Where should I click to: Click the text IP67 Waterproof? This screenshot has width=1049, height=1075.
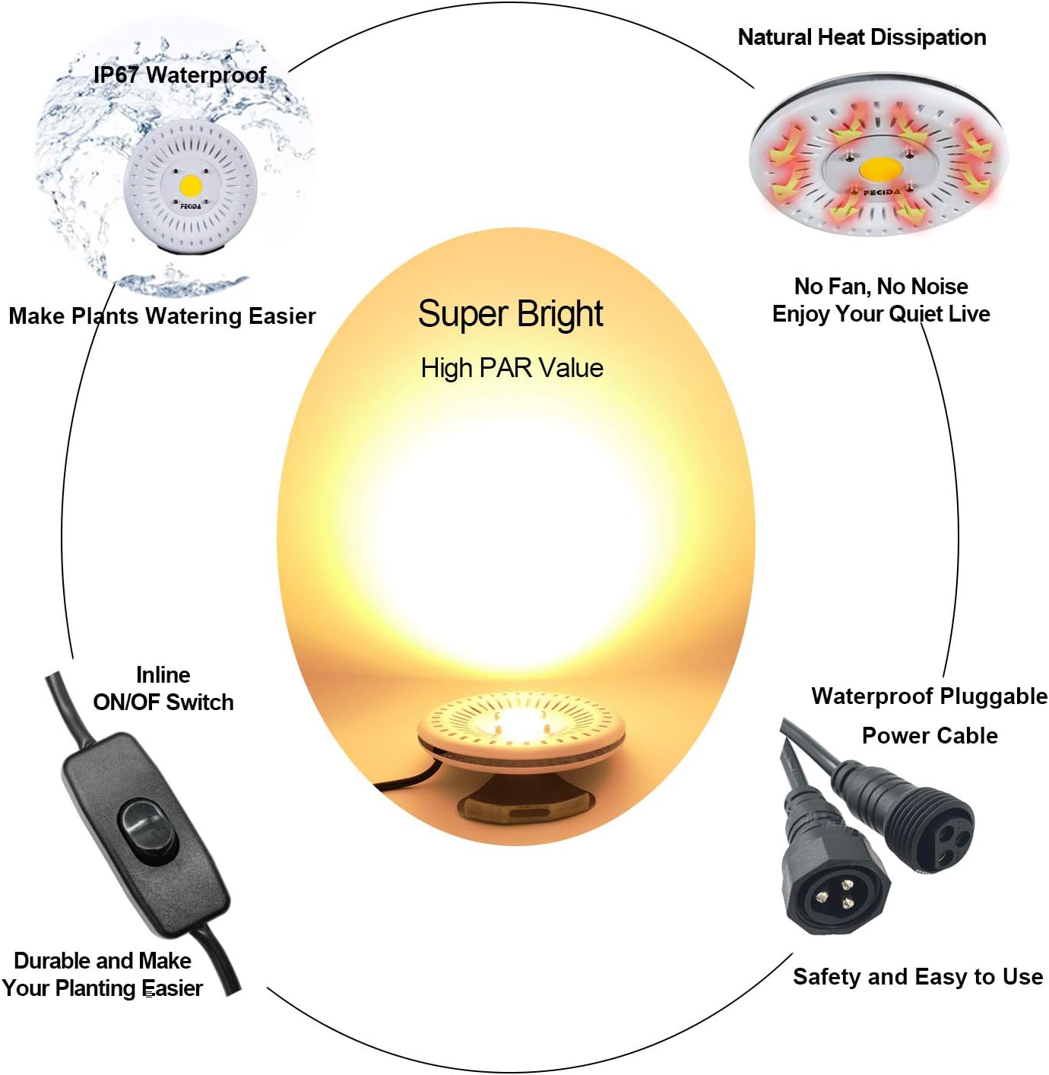[179, 75]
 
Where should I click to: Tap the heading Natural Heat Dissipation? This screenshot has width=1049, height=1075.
[861, 36]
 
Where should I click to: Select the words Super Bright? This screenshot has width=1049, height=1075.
[510, 314]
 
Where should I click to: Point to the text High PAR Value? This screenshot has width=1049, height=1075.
[512, 368]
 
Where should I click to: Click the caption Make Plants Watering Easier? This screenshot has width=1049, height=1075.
[162, 316]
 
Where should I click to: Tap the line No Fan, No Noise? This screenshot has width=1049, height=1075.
[881, 286]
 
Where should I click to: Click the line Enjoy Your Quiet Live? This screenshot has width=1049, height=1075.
[881, 313]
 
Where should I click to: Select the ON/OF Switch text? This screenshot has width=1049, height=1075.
[163, 702]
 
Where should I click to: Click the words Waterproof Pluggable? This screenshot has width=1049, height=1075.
[929, 696]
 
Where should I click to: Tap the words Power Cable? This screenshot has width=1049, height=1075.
[930, 735]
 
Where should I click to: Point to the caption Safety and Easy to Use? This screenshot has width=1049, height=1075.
[917, 976]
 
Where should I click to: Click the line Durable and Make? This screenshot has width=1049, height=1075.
[103, 960]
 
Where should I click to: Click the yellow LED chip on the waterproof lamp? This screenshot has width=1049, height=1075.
[191, 185]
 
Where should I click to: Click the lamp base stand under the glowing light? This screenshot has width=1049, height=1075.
[524, 802]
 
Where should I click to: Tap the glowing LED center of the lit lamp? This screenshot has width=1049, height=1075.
[520, 722]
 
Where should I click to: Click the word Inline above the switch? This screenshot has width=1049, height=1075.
[163, 674]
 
